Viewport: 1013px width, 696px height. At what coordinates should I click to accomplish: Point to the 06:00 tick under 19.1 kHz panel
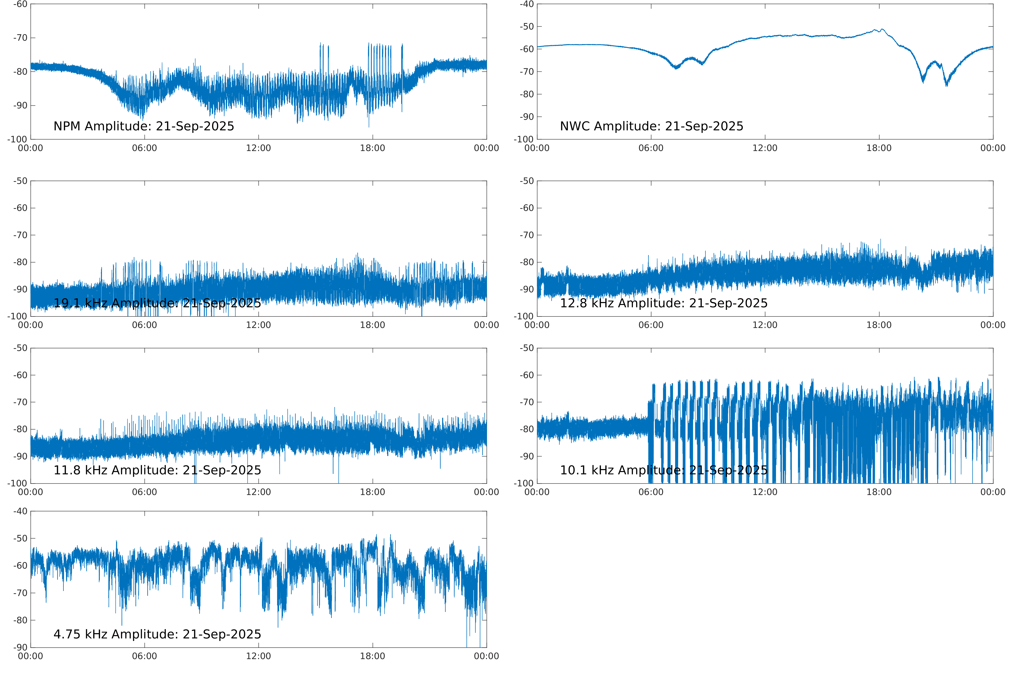coord(144,325)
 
